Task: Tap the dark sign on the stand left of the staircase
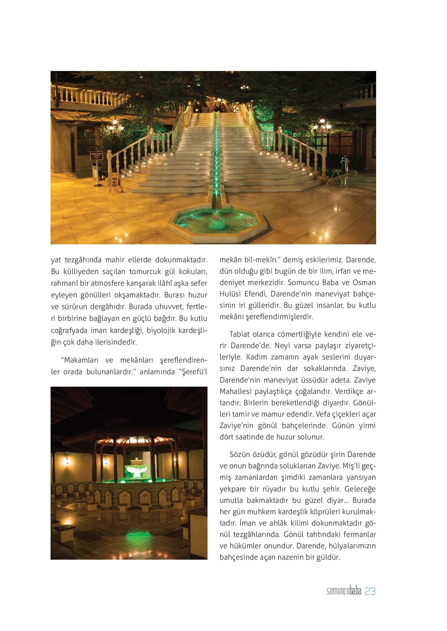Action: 97,155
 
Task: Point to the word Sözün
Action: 240,454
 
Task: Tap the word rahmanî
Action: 64,283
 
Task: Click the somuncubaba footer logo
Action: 344,592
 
